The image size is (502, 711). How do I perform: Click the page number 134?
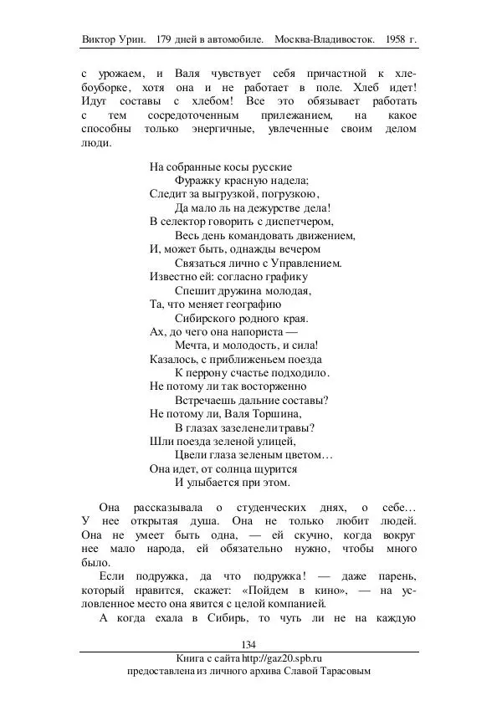click(x=248, y=643)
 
